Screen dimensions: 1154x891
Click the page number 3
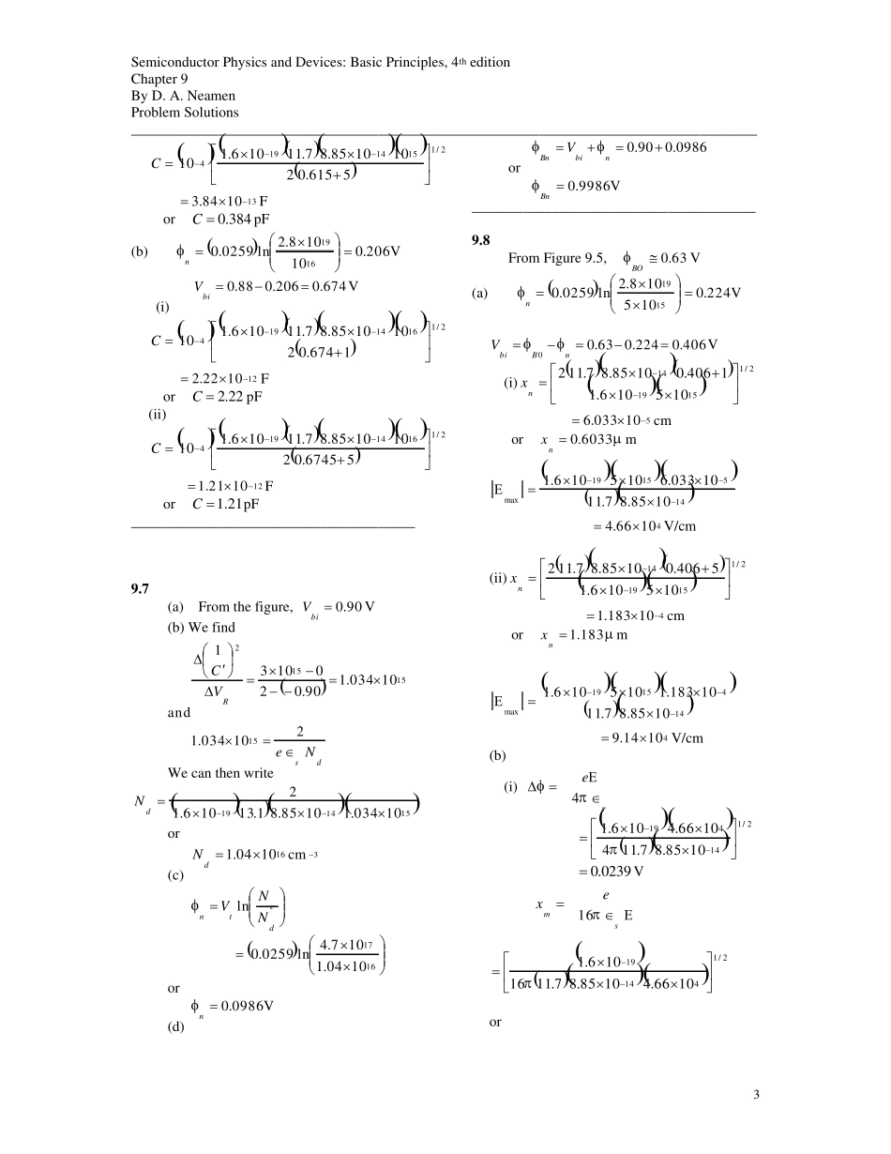coord(755,1093)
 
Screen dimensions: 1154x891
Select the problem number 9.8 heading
coord(481,240)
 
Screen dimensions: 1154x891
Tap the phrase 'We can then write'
coord(220,773)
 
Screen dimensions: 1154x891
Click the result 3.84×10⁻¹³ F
coord(225,201)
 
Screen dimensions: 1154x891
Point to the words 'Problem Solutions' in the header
coord(185,113)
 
